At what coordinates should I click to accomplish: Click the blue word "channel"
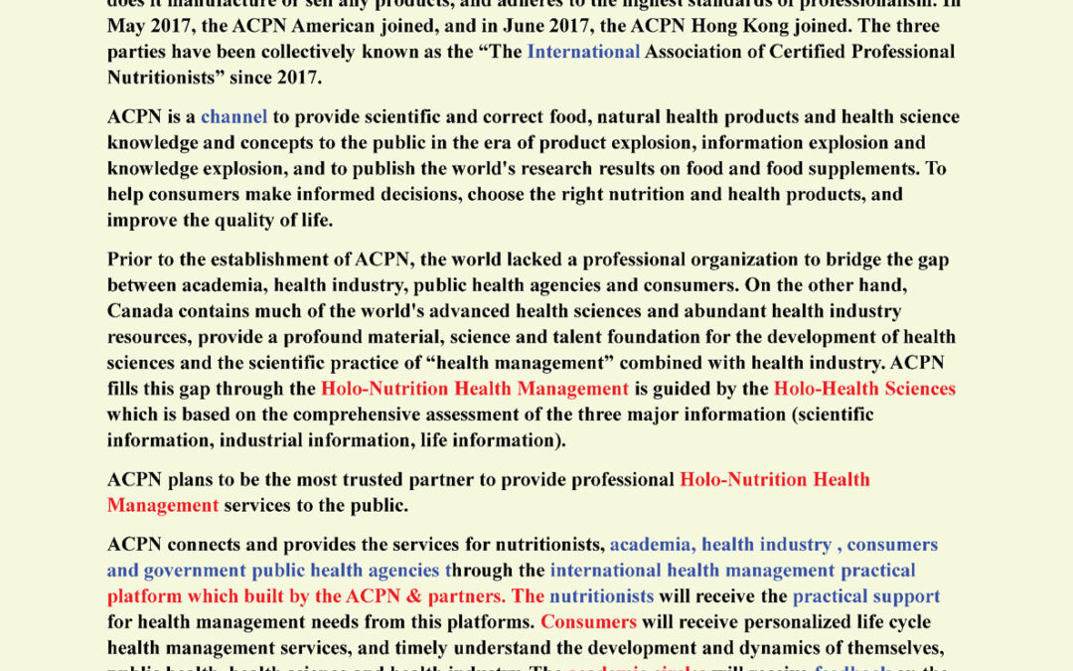tap(233, 117)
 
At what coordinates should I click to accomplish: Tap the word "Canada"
tap(142, 311)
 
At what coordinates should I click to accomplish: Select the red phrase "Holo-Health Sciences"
tap(864, 389)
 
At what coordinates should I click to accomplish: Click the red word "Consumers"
tap(588, 622)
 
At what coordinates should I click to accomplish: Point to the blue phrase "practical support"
tap(865, 596)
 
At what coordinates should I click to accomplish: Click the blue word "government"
tap(195, 572)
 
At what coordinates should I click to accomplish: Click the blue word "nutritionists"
tap(601, 596)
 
